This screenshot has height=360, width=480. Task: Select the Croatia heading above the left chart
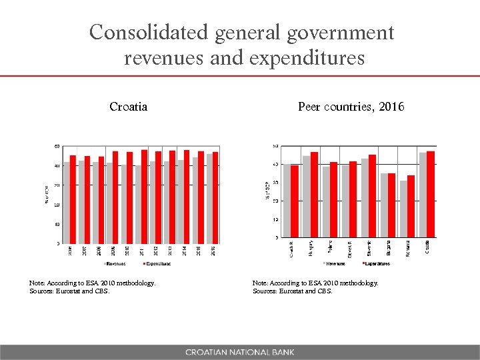click(x=128, y=107)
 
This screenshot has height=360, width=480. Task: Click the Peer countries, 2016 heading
click(x=351, y=107)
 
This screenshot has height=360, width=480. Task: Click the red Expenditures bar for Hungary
click(x=314, y=194)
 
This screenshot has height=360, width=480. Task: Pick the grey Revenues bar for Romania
click(x=403, y=209)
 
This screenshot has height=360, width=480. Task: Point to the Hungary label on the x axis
click(x=311, y=247)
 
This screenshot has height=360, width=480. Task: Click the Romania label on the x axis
click(x=408, y=247)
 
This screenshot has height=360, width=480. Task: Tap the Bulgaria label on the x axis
click(x=389, y=247)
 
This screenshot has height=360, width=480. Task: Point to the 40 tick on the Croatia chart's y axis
click(x=57, y=165)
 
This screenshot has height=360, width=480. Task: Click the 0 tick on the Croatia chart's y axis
click(x=57, y=243)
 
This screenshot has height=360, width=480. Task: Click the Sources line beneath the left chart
click(x=69, y=291)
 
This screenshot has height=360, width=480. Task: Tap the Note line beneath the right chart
click(x=315, y=283)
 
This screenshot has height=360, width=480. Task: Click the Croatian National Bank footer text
click(x=239, y=352)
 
